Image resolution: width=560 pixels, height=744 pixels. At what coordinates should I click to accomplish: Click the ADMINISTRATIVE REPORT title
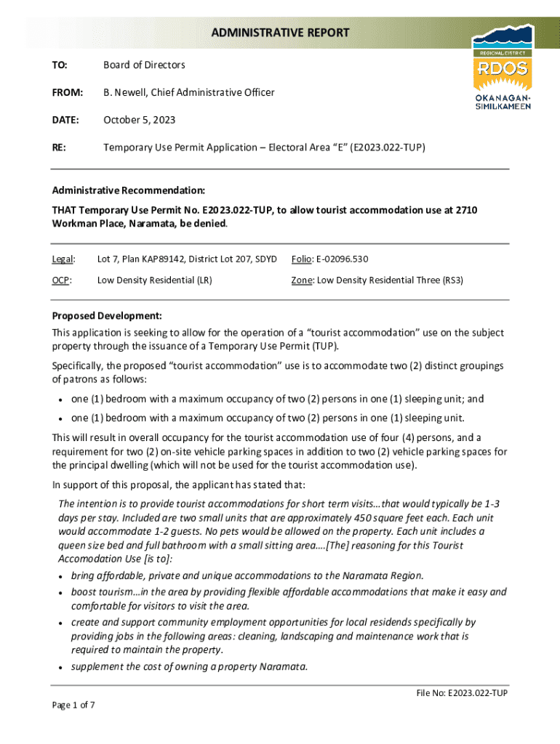pos(280,33)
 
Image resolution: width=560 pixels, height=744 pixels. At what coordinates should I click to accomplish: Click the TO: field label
pos(60,65)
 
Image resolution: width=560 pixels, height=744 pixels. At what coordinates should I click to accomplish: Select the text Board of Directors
pos(144,65)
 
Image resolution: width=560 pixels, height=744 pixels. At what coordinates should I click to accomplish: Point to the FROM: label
pos(67,92)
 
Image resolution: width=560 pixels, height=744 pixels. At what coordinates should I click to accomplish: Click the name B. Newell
pos(128,92)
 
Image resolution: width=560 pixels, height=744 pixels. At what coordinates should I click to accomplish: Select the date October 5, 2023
pos(139,120)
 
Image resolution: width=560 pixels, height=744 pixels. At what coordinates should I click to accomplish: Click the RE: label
pos(59,147)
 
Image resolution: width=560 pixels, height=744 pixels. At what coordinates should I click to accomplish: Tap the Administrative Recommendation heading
pos(128,190)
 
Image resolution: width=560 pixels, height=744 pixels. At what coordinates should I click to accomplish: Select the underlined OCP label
pos(61,280)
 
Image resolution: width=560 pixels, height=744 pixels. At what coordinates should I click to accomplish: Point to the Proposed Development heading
pos(106,316)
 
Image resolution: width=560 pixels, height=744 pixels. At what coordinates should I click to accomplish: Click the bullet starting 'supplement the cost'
pos(189,665)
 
